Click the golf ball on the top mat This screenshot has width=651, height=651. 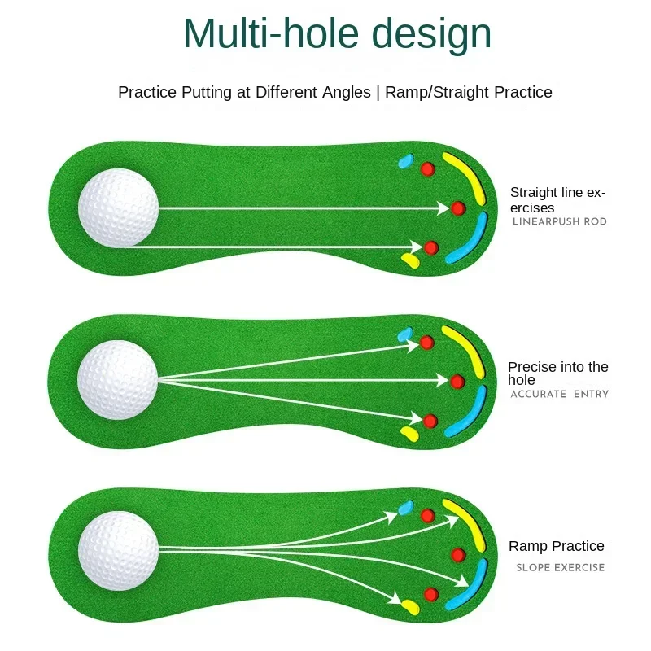pos(118,208)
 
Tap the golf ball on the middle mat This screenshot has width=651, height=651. pos(117,379)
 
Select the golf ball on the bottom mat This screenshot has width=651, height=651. pos(118,551)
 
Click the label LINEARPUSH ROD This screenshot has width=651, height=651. pos(560,222)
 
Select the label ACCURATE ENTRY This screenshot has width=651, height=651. pos(560,395)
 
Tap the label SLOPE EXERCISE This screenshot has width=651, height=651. pos(561,567)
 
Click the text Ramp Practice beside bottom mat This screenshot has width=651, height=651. pos(557,546)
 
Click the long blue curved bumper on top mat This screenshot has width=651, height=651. pos(467,241)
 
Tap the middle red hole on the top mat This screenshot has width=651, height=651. pos(457,208)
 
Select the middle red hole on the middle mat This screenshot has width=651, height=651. pos(457,380)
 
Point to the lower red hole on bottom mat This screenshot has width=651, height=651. pos(431,593)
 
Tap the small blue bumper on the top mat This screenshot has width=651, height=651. pos(405,160)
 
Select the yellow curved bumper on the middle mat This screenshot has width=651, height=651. pos(466,348)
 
